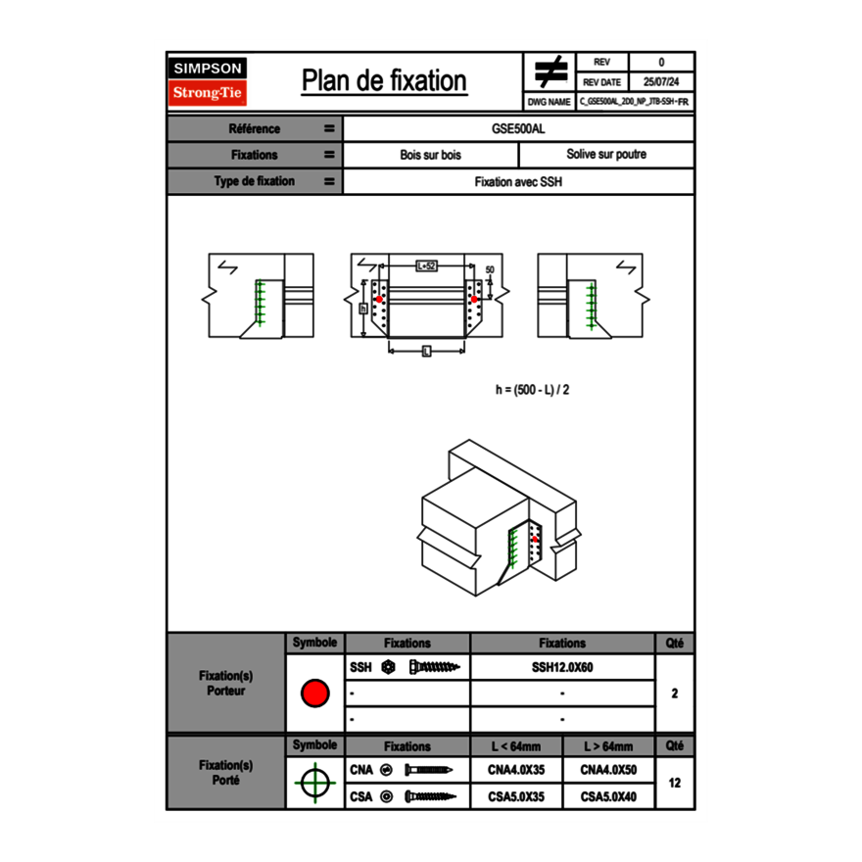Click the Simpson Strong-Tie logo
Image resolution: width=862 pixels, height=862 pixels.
tap(208, 81)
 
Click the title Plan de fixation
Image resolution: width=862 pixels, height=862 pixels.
tap(384, 80)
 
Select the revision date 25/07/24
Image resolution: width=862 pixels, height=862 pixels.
tap(661, 82)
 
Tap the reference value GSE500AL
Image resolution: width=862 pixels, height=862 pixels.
tap(518, 128)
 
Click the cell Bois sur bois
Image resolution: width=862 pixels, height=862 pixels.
tap(430, 155)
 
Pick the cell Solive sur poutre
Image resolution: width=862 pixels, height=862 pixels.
tap(605, 155)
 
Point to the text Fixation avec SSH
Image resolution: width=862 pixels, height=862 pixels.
tap(518, 181)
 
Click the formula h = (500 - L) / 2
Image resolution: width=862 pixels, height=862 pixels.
tap(532, 389)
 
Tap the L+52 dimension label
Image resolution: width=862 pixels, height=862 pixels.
tap(426, 265)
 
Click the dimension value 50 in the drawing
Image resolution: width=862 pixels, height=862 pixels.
tap(490, 269)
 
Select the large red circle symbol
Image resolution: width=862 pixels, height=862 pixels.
tap(314, 694)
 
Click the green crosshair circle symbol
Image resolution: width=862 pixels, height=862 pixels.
tap(314, 783)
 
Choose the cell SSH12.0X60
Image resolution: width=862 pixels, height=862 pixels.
tap(562, 667)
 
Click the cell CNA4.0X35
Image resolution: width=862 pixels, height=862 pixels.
tap(515, 770)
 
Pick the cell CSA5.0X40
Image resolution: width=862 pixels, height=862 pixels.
tap(608, 796)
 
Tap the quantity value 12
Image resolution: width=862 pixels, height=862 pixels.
tap(674, 783)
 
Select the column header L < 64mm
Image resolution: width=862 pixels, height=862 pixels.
tap(515, 745)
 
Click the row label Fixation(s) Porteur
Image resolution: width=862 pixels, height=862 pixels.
tap(225, 683)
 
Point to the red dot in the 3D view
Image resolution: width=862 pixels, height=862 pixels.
tap(535, 538)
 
